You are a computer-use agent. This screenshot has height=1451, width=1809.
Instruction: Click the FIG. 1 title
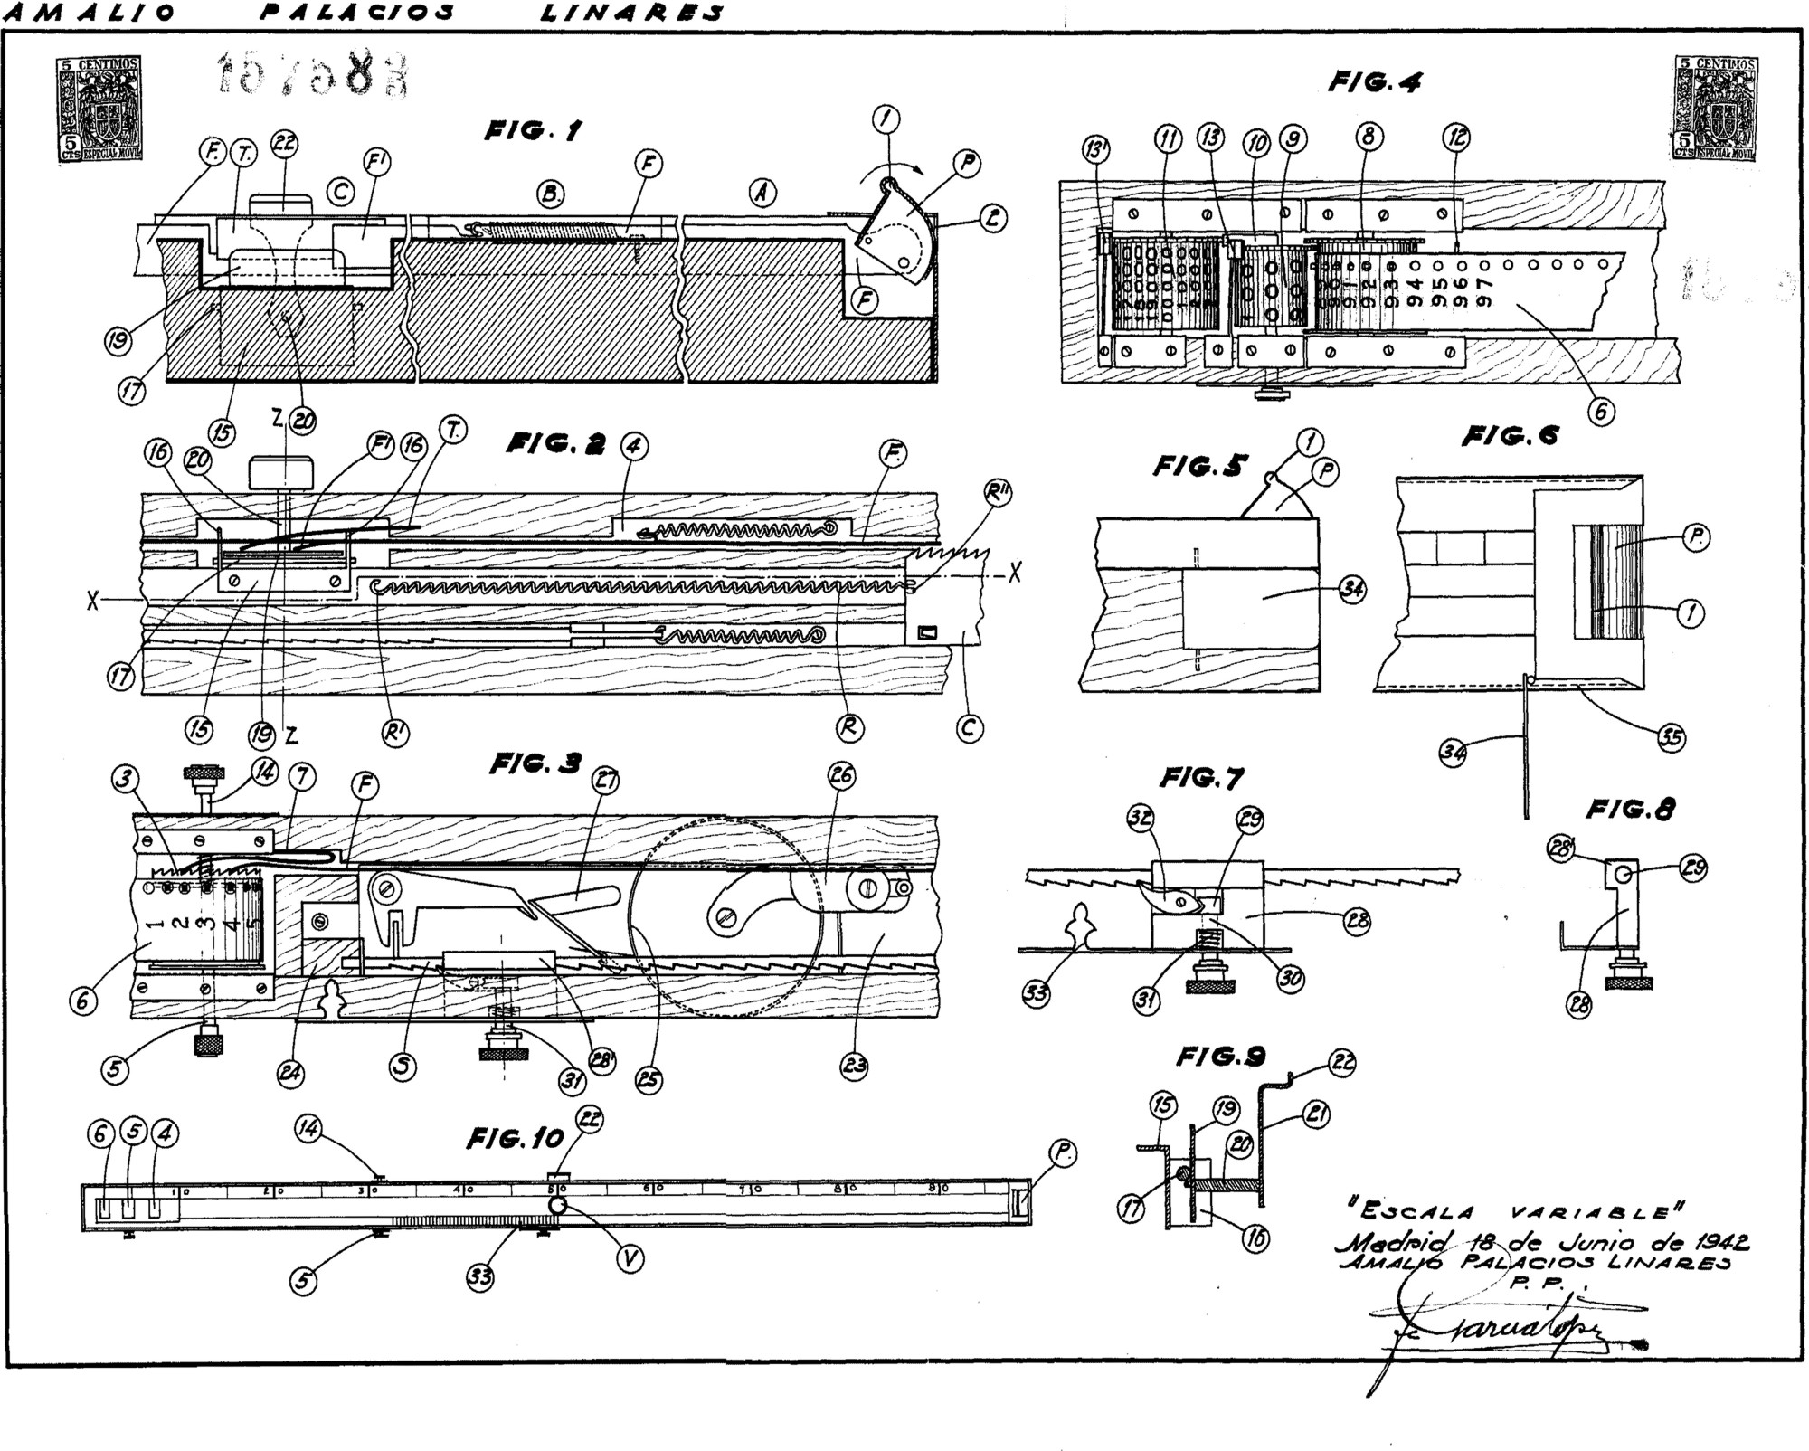[x=533, y=132]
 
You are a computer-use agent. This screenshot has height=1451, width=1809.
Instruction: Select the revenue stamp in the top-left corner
[x=99, y=109]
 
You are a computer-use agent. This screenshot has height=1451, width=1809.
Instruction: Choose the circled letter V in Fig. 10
[x=630, y=1258]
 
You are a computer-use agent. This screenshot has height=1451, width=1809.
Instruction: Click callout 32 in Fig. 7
[x=1139, y=820]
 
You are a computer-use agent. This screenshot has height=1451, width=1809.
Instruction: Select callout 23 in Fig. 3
[x=855, y=1066]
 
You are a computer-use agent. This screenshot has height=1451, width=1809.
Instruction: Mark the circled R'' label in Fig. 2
[x=999, y=493]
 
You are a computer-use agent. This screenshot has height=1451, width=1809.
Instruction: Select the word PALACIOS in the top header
[x=356, y=13]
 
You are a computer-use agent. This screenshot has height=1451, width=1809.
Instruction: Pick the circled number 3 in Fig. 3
[x=124, y=779]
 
